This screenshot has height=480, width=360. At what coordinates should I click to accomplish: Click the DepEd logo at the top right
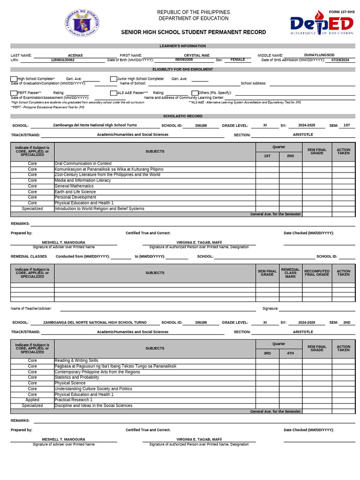click(x=321, y=23)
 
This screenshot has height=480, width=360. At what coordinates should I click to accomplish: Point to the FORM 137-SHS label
click(x=341, y=12)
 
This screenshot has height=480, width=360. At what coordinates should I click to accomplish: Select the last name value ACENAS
click(x=75, y=55)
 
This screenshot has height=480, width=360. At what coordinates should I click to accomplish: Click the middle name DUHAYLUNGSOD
click(x=319, y=55)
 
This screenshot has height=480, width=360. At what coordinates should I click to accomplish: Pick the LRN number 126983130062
click(x=62, y=60)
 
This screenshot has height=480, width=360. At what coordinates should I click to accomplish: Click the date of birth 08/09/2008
click(x=184, y=60)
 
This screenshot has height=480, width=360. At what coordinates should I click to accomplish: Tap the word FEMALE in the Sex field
click(x=238, y=60)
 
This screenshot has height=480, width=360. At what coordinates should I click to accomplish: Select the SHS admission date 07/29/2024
click(x=340, y=60)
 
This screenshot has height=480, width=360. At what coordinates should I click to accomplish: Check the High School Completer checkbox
click(x=14, y=79)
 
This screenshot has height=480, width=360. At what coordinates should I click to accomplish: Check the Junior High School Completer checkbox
click(x=113, y=79)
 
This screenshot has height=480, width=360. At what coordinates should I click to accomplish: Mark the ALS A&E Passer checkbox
click(x=113, y=93)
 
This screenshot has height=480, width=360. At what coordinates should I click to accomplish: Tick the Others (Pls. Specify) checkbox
click(x=195, y=93)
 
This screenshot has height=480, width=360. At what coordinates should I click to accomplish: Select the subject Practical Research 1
click(x=74, y=400)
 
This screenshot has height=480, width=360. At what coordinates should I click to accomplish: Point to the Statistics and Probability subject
click(x=77, y=377)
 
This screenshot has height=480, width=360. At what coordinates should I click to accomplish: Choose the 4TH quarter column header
click(x=291, y=353)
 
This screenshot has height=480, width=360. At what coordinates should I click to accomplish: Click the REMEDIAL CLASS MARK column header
click(x=291, y=273)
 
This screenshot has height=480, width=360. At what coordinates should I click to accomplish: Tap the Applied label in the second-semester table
click(x=32, y=400)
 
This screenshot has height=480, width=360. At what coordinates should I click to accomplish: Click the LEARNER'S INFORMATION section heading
click(x=183, y=46)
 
